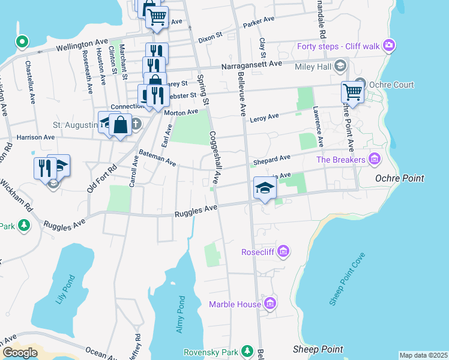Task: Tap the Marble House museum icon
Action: (271, 304)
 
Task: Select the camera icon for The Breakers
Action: (375, 159)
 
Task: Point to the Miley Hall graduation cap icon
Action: (340, 65)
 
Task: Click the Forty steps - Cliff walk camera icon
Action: (389, 46)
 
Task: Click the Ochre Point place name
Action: (399, 178)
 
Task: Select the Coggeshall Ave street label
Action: (215, 158)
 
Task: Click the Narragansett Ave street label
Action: (252, 64)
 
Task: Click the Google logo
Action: (20, 353)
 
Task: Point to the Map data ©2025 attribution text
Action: (423, 355)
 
